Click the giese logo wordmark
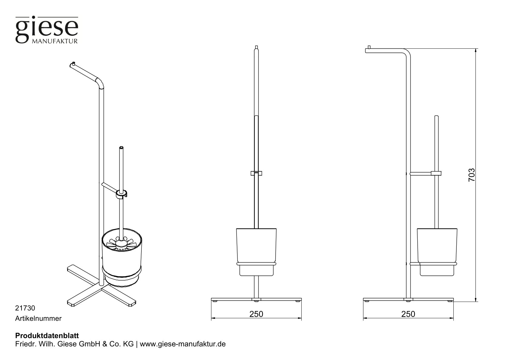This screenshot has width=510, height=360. click(x=47, y=28)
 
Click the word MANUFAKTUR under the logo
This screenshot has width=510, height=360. click(x=55, y=41)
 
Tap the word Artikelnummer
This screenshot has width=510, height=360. click(x=38, y=319)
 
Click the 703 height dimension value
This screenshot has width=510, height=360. click(x=472, y=175)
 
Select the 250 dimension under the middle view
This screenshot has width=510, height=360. click(x=256, y=314)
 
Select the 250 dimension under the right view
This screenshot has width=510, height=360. click(x=408, y=314)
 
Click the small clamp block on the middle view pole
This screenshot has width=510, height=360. click(x=256, y=173)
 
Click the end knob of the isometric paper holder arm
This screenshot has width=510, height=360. click(x=73, y=64)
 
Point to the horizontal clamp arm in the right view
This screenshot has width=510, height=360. click(x=421, y=173)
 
